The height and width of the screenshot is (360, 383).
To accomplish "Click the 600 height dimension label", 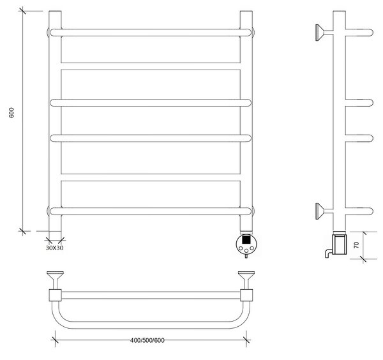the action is point(11,112).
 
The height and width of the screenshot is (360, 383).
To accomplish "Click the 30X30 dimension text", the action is point(54,248).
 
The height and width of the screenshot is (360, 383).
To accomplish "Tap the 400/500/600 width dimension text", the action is point(147,340).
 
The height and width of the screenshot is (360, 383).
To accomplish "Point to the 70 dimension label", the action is point(356,244).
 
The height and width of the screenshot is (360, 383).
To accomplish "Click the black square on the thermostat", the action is point(246,239).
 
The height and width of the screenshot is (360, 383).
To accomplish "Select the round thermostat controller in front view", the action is point(247,244).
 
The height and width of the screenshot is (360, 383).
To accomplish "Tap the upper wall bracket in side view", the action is point(324,33).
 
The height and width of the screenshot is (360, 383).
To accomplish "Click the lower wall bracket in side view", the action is point(324,211).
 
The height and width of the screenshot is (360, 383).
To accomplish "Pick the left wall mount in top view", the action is point(55,280).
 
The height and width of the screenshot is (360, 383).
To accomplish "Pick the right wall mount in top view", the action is point(246,280).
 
